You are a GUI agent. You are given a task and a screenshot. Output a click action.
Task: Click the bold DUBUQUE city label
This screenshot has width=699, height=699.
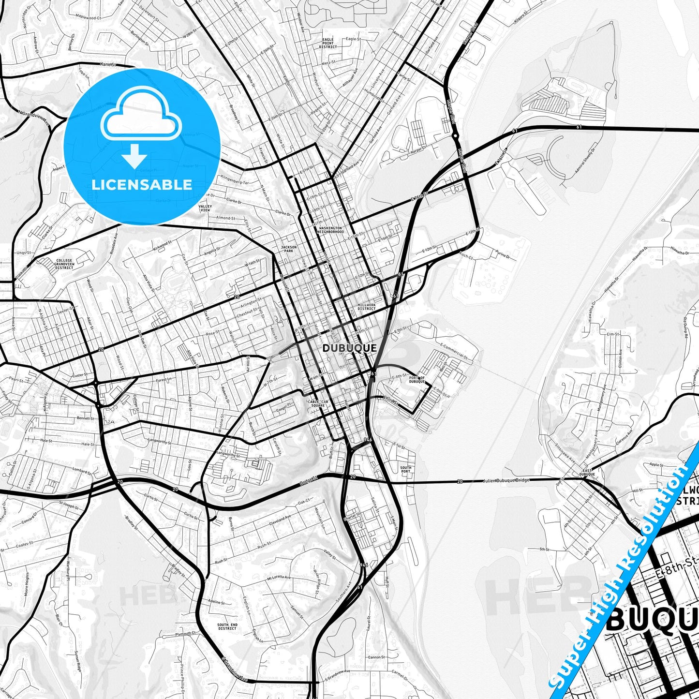tap(349, 348)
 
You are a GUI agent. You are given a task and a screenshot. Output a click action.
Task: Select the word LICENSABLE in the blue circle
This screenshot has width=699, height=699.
tap(142, 184)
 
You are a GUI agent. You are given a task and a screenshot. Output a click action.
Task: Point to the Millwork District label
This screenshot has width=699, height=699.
tap(366, 307)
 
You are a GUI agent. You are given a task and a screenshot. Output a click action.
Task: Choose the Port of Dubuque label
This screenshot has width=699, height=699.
tap(417, 379)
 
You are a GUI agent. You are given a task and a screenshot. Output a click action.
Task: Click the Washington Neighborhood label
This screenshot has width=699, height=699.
tap(330, 230)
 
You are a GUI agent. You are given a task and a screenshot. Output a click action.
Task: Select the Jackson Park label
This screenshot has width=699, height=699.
tap(288, 249)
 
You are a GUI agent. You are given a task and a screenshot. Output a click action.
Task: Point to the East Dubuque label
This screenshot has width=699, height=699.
tap(587, 473)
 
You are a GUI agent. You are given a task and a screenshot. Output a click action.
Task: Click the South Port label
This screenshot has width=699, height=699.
tap(405, 469)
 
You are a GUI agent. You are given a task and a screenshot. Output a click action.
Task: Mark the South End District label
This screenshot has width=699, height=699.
tap(227, 626)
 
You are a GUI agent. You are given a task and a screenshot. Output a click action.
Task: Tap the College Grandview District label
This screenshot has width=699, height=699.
tap(64, 264)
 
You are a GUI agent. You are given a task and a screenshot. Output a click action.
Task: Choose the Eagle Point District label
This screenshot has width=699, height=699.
tap(328, 43)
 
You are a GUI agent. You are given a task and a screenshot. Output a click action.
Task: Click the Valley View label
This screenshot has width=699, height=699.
tap(205, 208)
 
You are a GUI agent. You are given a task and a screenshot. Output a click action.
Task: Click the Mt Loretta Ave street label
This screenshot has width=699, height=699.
tap(279, 578)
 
